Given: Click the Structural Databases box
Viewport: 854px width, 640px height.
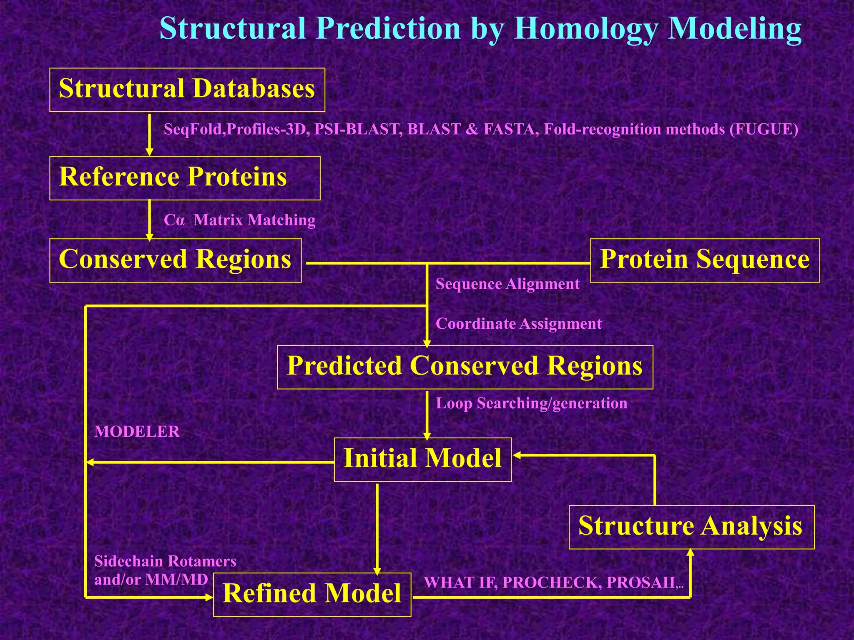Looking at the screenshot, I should (187, 90).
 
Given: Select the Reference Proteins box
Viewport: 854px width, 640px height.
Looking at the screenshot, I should (184, 178).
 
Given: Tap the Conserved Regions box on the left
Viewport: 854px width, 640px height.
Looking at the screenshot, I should (175, 260).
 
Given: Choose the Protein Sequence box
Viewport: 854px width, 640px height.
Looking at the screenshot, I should (705, 260).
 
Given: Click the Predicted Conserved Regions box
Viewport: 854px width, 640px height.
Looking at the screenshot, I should (465, 367).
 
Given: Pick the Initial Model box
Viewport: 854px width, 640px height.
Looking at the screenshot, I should (422, 459).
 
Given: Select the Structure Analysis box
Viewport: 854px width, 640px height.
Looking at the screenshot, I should (691, 527).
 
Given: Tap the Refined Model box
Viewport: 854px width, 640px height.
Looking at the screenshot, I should (312, 594).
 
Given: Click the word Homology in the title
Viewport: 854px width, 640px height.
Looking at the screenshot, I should (585, 29).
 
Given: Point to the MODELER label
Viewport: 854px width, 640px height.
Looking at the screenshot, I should (137, 432).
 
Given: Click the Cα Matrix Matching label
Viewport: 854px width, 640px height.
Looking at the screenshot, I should (239, 220).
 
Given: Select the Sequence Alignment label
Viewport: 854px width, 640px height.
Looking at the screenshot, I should (507, 284).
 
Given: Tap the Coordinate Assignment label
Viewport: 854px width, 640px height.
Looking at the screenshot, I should (518, 324).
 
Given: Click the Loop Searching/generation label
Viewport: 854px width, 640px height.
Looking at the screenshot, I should (531, 403).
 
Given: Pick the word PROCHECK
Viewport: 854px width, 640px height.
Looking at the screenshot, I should (552, 582).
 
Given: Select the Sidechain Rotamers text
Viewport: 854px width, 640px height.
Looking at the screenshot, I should (165, 562).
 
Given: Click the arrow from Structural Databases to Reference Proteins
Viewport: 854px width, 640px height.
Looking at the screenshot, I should (149, 133).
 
